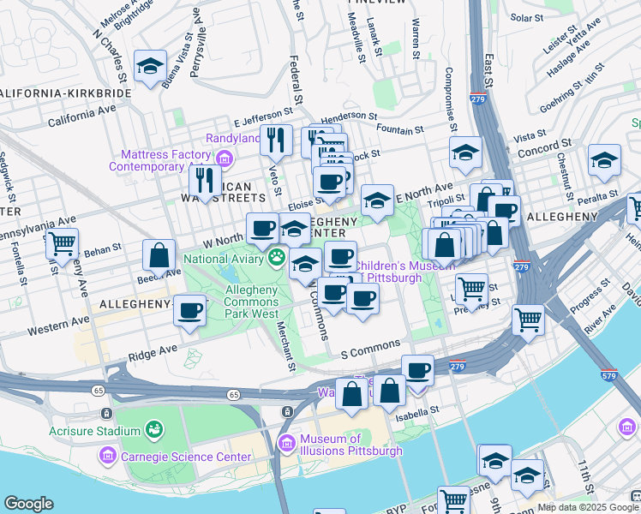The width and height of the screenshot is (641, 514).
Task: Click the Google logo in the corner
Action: point(29,504)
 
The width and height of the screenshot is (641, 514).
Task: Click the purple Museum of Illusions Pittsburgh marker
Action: point(287,443)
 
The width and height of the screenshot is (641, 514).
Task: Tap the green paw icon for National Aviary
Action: point(277,257)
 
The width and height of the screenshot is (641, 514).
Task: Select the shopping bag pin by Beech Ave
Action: point(159,254)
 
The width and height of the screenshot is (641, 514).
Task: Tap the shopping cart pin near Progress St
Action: point(529,320)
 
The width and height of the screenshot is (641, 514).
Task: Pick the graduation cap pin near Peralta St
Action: point(604,159)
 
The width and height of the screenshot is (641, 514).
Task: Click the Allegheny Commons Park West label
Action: point(251,302)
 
